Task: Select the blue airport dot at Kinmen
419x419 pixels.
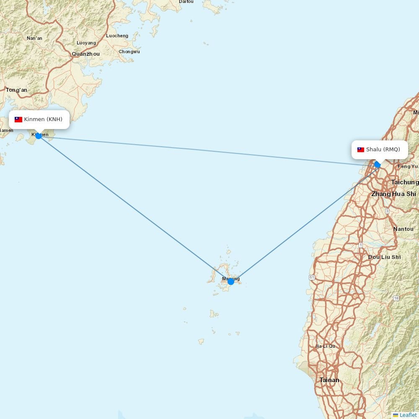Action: (39, 136)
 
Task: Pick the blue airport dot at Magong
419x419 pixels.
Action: (231, 282)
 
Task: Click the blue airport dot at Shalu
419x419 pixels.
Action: (378, 165)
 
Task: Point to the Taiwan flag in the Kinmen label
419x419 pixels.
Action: (18, 119)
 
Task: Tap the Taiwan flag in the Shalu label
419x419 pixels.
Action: (361, 150)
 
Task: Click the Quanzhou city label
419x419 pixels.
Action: (86, 54)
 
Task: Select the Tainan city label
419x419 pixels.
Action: (329, 380)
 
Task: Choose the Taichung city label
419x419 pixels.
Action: (404, 182)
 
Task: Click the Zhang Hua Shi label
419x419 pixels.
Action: (393, 194)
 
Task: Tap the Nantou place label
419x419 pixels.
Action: (403, 229)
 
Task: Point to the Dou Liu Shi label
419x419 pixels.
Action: (384, 257)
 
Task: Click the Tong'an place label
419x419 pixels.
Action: (16, 90)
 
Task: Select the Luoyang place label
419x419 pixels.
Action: (86, 43)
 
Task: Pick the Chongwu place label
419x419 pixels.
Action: (129, 52)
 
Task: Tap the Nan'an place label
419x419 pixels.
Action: (34, 38)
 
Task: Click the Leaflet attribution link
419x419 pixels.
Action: (408, 415)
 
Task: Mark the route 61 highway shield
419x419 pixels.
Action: (312, 277)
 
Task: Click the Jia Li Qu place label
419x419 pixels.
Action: (325, 346)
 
